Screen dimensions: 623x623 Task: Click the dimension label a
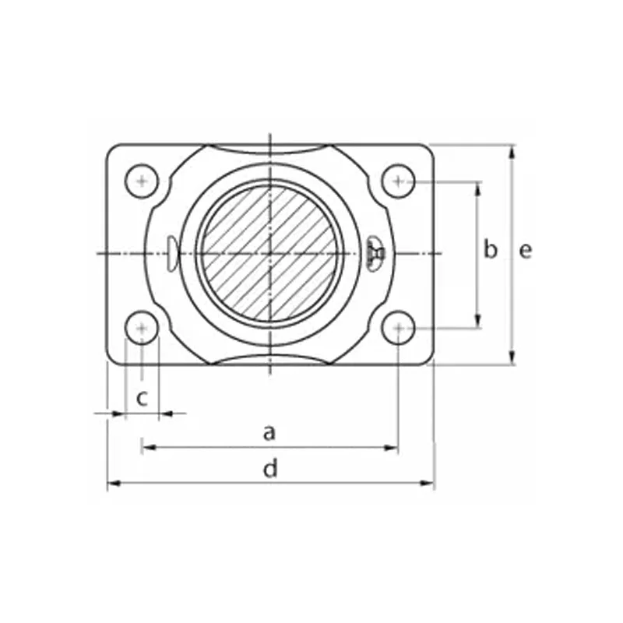[x=269, y=431]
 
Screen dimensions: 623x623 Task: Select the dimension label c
[x=142, y=398]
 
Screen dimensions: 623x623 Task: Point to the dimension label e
[x=526, y=250]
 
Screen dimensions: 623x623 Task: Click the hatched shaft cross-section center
[x=269, y=253]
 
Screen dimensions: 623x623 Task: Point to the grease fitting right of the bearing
[x=375, y=253]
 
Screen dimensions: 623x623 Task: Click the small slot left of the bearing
[x=171, y=253]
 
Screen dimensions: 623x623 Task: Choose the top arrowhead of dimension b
[x=477, y=188]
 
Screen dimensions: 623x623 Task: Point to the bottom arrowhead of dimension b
[x=477, y=322]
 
